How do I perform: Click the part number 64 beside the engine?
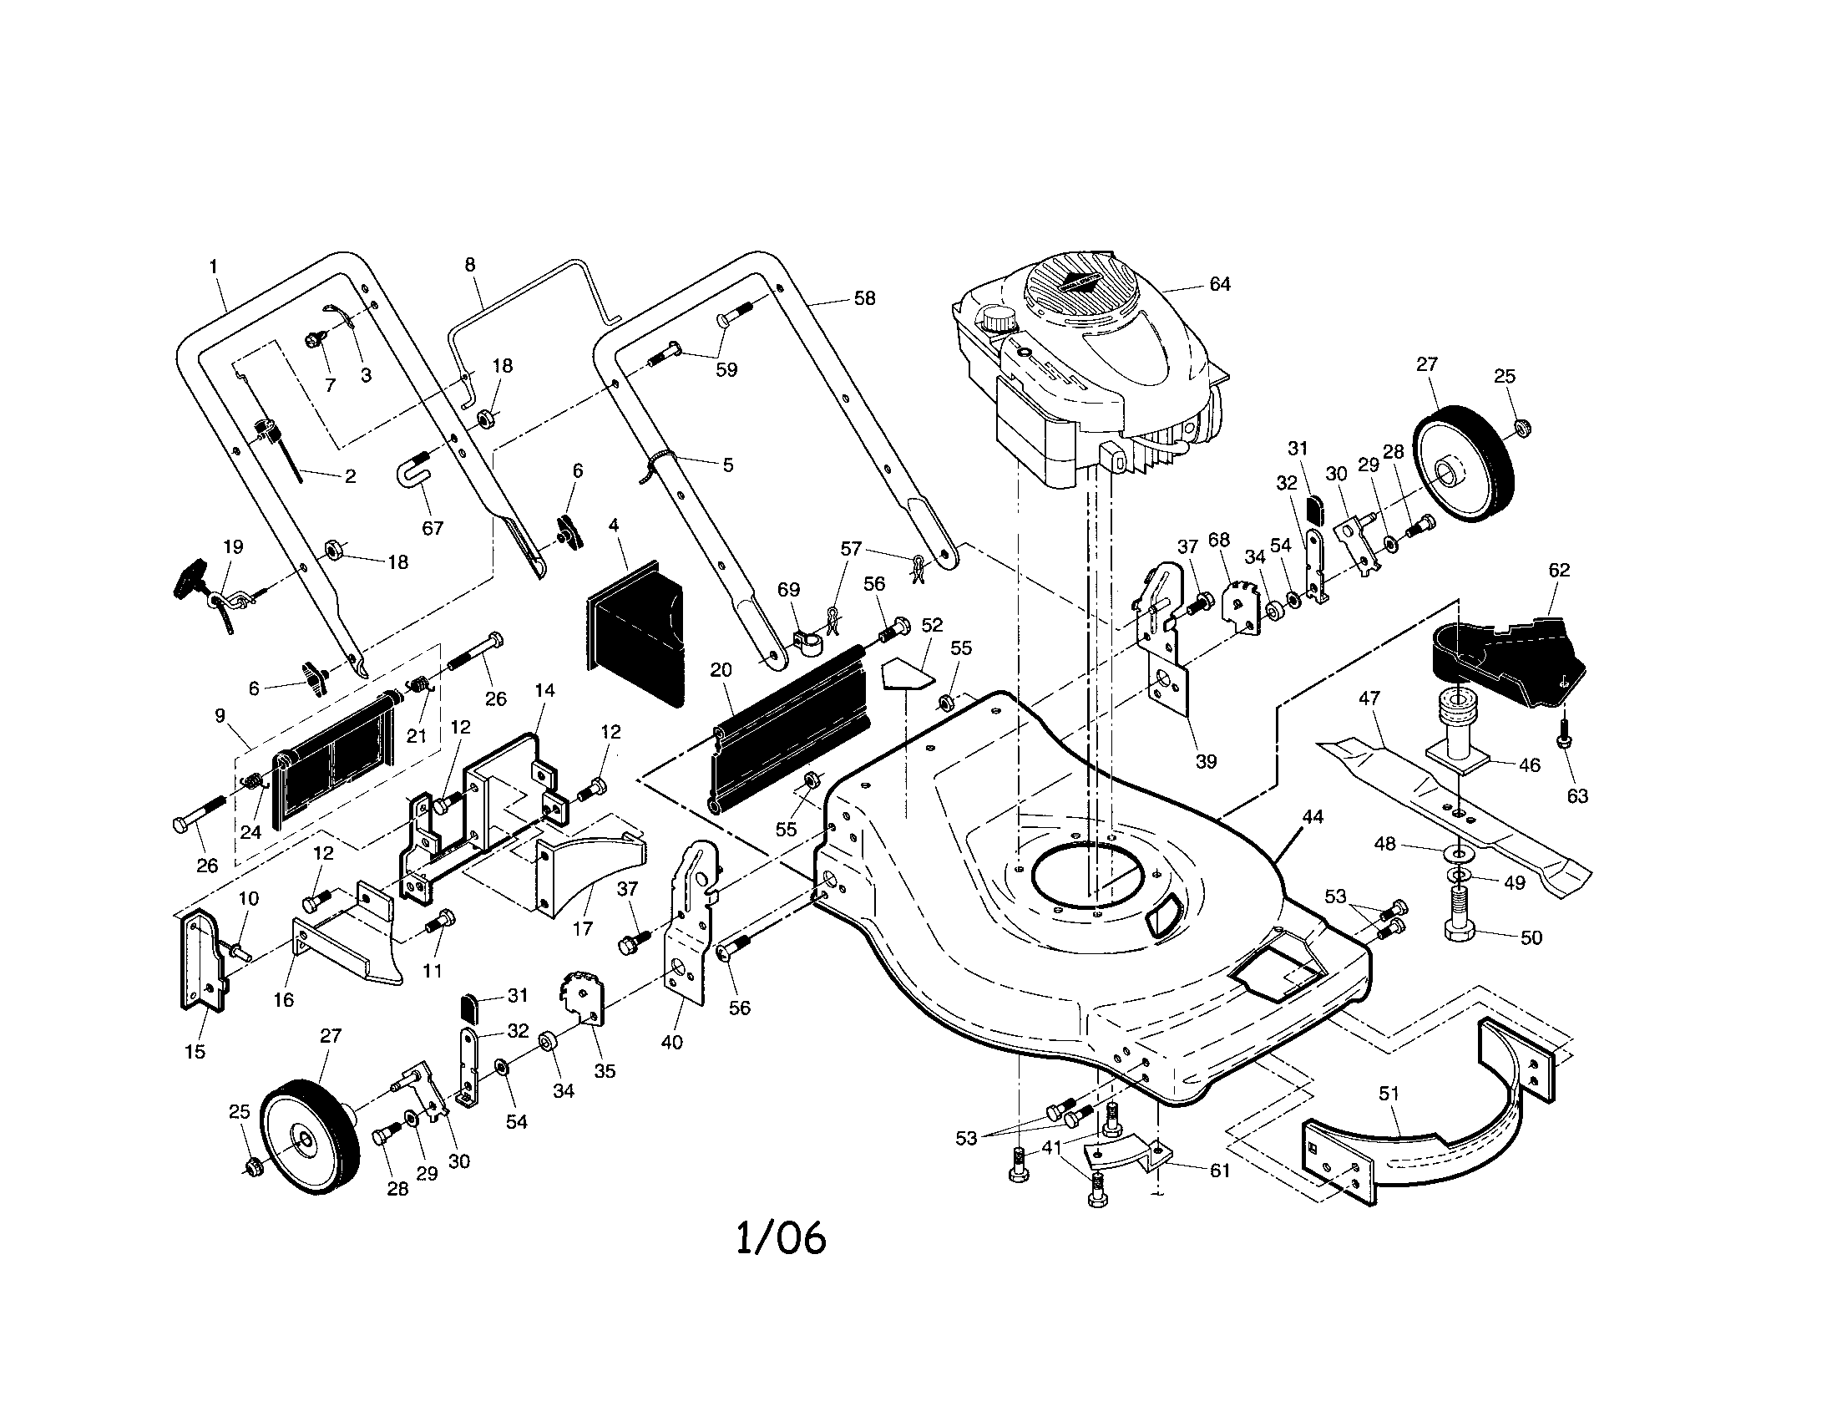1220,284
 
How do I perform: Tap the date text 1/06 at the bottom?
781,1238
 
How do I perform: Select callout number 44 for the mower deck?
1312,817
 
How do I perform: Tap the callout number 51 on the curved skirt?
1389,1094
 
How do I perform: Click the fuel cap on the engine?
998,321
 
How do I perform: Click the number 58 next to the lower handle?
864,298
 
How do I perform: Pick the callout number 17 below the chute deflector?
582,928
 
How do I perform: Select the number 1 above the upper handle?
214,266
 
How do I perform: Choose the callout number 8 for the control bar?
470,265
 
